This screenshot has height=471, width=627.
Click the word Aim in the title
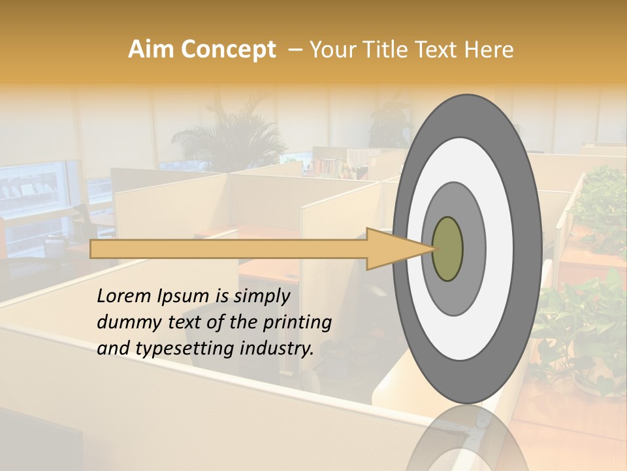pyautogui.click(x=151, y=50)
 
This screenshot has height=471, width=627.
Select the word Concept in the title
pyautogui.click(x=227, y=50)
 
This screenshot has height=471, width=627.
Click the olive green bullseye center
pyautogui.click(x=447, y=249)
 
